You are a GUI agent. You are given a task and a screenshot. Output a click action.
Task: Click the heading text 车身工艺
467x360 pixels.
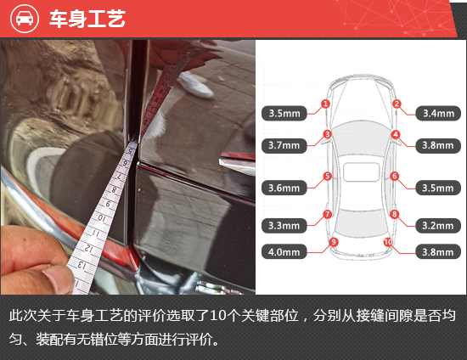[87, 19]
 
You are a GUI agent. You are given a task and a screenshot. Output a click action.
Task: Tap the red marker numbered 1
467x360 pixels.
[325, 104]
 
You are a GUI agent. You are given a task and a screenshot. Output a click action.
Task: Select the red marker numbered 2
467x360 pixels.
[396, 104]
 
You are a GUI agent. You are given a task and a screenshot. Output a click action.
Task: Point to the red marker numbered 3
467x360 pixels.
[327, 134]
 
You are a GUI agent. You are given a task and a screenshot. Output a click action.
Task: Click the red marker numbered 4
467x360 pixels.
[396, 134]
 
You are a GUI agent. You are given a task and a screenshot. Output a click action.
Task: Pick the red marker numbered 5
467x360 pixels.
[327, 177]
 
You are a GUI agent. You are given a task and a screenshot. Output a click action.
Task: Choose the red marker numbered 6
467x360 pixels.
[395, 177]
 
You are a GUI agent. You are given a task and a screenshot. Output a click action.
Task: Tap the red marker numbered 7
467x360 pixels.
[327, 215]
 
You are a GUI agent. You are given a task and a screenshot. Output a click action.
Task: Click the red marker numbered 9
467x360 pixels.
[334, 242]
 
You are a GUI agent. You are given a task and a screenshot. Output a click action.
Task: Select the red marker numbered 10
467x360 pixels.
[388, 242]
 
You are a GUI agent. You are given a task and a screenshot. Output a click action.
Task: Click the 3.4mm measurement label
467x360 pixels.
[437, 112]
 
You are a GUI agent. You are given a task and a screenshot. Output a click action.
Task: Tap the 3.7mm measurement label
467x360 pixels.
[284, 145]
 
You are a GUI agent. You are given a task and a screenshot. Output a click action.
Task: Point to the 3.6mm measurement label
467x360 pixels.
[284, 188]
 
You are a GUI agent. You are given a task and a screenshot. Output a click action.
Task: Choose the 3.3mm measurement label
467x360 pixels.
[284, 226]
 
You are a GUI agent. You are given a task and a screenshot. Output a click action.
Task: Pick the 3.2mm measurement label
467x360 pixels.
[437, 226]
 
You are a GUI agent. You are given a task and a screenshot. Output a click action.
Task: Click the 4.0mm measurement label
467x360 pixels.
[284, 251]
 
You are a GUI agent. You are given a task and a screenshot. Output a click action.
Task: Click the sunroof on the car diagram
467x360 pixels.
[361, 172]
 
